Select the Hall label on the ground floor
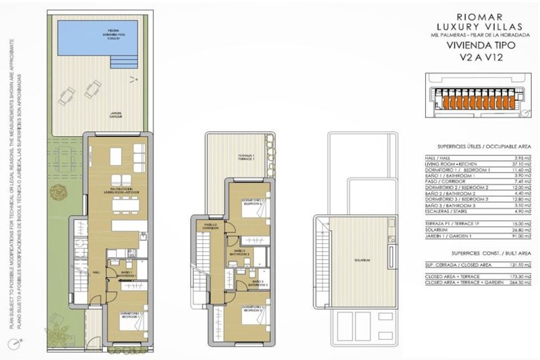[x=96, y=272]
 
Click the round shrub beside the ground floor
[x=57, y=192]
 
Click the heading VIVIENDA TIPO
[x=477, y=46]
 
